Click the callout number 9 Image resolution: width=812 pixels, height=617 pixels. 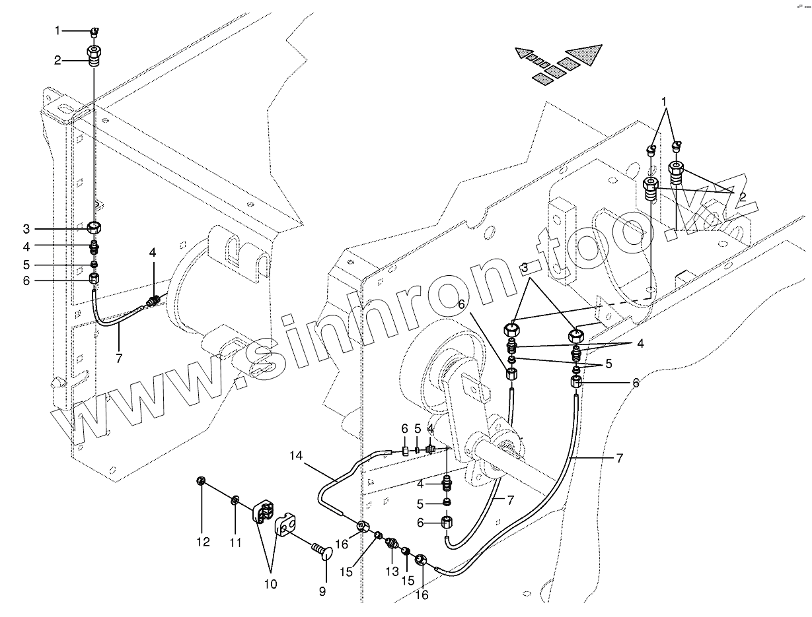pyautogui.click(x=322, y=592)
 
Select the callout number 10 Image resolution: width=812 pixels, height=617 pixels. pyautogui.click(x=271, y=583)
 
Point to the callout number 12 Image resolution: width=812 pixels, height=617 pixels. pyautogui.click(x=203, y=542)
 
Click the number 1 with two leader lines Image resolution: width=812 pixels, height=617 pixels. pyautogui.click(x=665, y=102)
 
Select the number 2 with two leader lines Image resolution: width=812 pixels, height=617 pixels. pyautogui.click(x=743, y=197)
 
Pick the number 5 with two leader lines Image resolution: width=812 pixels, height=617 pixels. pyautogui.click(x=609, y=363)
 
